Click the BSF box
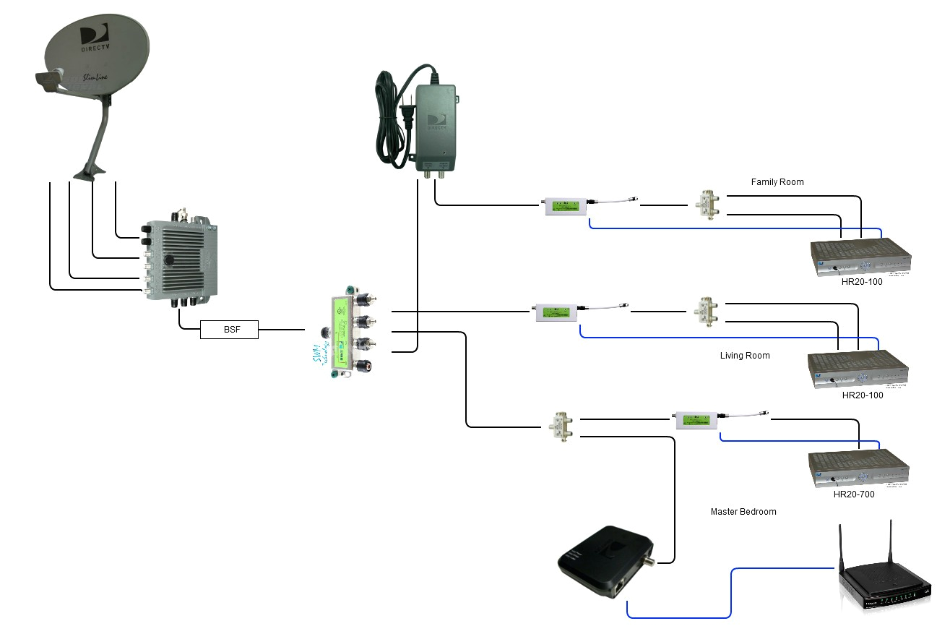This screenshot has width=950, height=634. [228, 330]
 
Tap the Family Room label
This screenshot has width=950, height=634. [777, 182]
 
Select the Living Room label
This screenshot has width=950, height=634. [745, 356]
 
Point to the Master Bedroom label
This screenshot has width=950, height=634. [743, 512]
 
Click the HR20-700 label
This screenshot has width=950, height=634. [854, 494]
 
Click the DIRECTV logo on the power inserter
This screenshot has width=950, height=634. [436, 122]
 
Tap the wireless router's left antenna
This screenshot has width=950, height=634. [842, 546]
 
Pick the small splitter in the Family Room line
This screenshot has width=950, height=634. [704, 205]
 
